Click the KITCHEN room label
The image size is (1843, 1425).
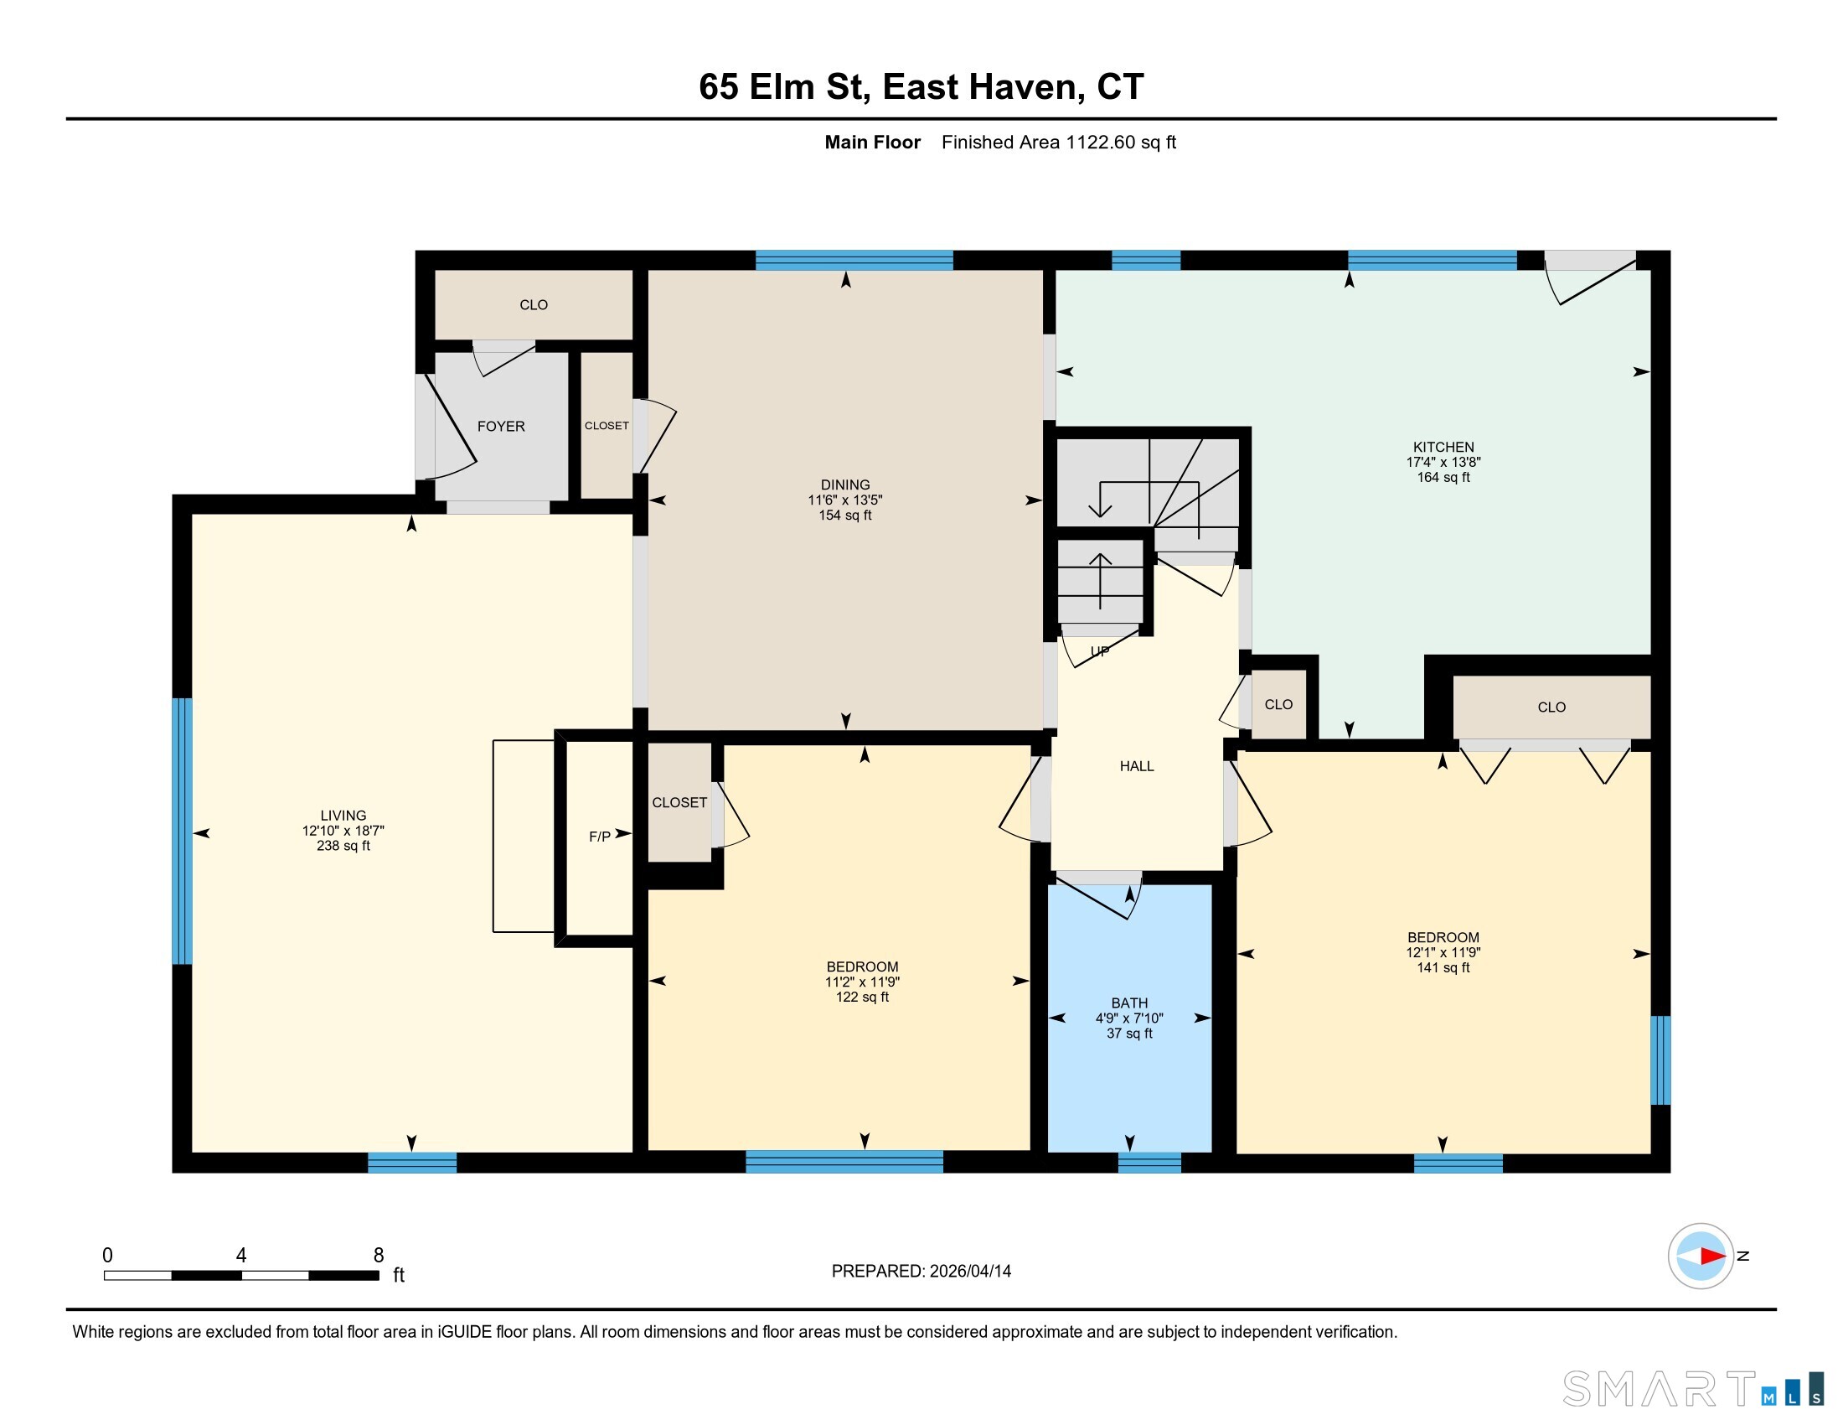[1443, 448]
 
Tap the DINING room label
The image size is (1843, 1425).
[844, 484]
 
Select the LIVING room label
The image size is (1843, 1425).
[343, 816]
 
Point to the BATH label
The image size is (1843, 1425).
[1129, 1003]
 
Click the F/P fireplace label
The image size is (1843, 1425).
[599, 837]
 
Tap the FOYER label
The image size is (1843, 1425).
[501, 427]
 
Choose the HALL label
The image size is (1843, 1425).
[1137, 766]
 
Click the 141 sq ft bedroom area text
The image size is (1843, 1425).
[1443, 967]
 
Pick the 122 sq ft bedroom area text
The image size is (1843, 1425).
[862, 997]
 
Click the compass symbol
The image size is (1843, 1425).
[1701, 1257]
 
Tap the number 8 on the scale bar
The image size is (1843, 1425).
[379, 1256]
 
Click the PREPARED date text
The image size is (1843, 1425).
[921, 1272]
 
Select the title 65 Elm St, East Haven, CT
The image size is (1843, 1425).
[921, 87]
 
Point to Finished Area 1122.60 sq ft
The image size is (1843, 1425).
[1058, 142]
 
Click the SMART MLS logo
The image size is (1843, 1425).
[1693, 1389]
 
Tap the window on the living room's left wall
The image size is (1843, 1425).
[182, 831]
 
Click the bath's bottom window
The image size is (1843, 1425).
[1149, 1163]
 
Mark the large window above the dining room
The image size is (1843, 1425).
[854, 260]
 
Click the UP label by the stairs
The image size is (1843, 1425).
[1100, 651]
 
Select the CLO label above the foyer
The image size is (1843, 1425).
[534, 305]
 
